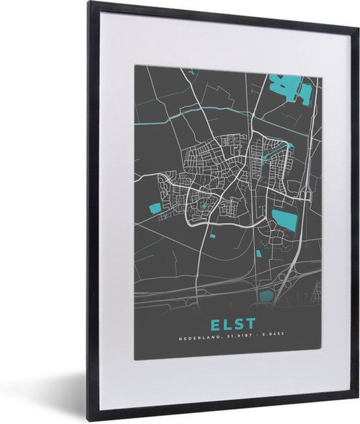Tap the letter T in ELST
pos(250,324)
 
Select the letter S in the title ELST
pos(238,324)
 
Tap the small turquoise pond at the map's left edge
pos(155,209)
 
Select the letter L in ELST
pos(225,324)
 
